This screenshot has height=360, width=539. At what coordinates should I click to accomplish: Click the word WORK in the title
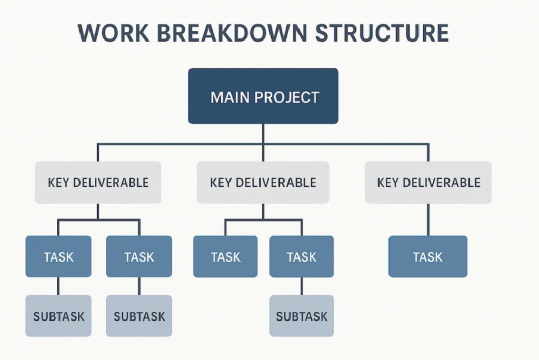114,33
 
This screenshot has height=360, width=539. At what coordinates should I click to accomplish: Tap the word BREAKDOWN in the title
232,33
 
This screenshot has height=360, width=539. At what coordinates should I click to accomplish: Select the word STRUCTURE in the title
382,33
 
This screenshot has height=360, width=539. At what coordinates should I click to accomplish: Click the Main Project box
263,96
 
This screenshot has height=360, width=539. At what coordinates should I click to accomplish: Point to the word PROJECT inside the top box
287,97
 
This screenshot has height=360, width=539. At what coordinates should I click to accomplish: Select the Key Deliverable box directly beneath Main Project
263,182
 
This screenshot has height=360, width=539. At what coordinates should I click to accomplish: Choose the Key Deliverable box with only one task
428,182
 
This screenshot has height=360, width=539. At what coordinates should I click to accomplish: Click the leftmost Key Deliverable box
98,182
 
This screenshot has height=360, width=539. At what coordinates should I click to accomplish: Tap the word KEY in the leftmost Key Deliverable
59,183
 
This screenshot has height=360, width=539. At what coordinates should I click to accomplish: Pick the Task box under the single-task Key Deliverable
428,256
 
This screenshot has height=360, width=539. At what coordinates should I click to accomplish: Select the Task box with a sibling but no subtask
225,256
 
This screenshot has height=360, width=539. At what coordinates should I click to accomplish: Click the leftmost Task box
58,256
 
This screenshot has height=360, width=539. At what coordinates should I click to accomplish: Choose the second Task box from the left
139,256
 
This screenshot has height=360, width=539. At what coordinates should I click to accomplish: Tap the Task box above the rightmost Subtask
302,256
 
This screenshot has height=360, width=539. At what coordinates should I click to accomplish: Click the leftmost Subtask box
58,316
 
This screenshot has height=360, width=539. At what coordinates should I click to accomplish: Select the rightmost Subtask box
302,316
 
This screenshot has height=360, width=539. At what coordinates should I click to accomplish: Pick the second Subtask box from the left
139,316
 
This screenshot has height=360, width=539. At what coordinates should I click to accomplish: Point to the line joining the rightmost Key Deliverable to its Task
428,219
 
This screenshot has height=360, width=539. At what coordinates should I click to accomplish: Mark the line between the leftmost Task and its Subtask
58,286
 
